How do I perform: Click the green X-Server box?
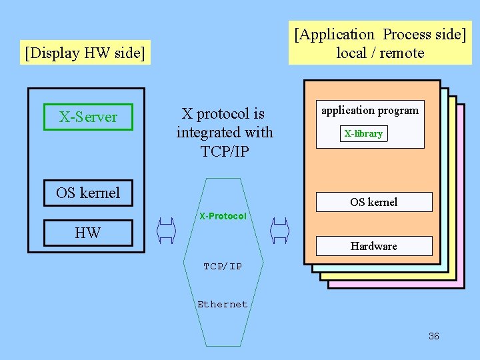pyautogui.click(x=88, y=117)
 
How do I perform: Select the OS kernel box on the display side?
pyautogui.click(x=88, y=193)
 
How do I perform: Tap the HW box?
pyautogui.click(x=88, y=232)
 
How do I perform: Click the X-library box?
pyautogui.click(x=363, y=133)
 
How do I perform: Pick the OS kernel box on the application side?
pyautogui.click(x=373, y=202)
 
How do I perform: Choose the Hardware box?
pyautogui.click(x=373, y=246)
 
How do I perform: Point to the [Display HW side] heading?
pyautogui.click(x=85, y=53)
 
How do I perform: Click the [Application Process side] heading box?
pyautogui.click(x=380, y=43)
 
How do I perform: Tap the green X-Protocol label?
pyautogui.click(x=223, y=216)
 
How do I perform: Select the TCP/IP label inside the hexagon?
pyautogui.click(x=223, y=266)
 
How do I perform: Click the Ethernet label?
pyautogui.click(x=223, y=304)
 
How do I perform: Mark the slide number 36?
pyautogui.click(x=433, y=336)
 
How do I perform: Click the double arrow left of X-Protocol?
pyautogui.click(x=165, y=231)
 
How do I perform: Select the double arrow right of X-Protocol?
pyautogui.click(x=279, y=231)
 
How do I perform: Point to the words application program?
pyautogui.click(x=370, y=111)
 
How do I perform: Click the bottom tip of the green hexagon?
pyautogui.click(x=223, y=345)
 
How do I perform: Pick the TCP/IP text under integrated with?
pyautogui.click(x=225, y=151)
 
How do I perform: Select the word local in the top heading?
pyautogui.click(x=351, y=53)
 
